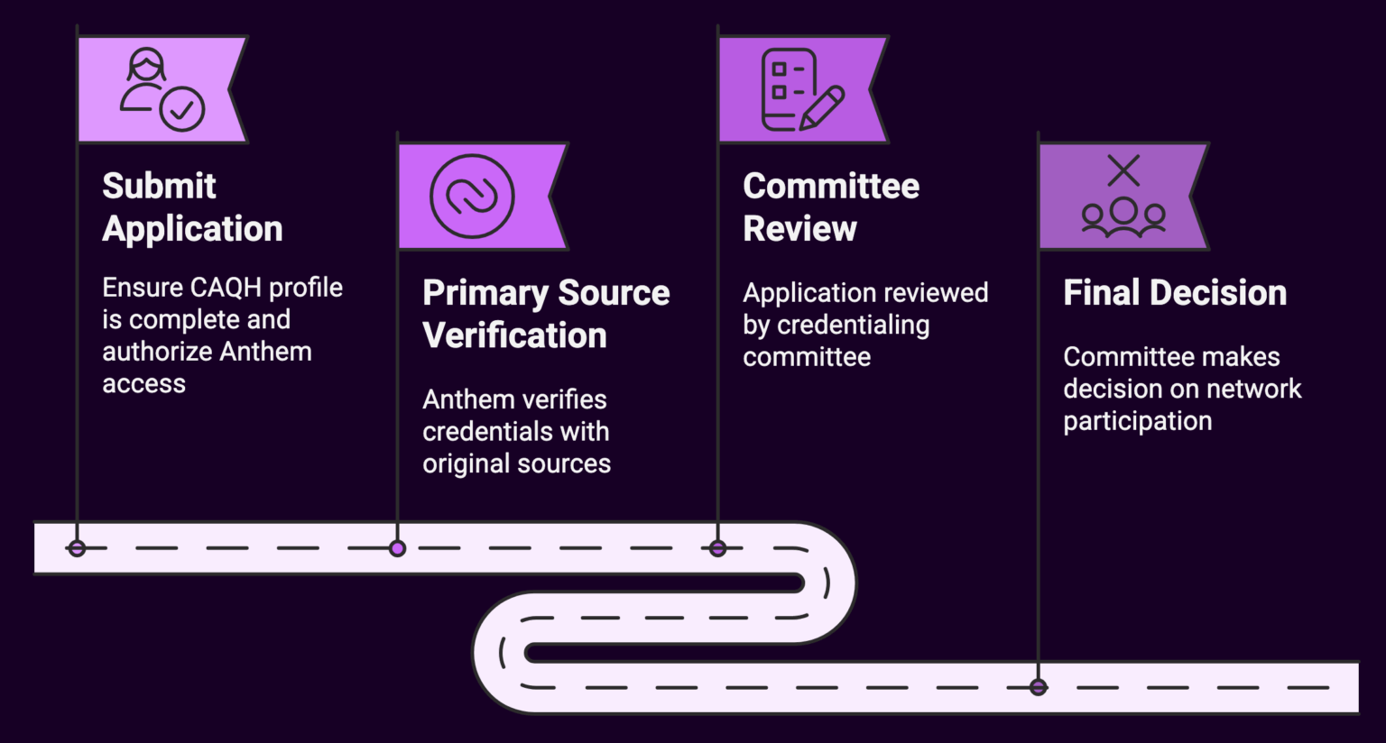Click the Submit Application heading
pos(191,207)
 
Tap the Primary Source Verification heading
pos(545,314)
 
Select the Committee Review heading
pos(830,207)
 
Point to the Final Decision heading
pos(1174,293)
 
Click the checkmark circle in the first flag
pos(182,110)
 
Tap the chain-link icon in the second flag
pos(472,197)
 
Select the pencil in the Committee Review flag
pos(822,107)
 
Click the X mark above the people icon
pos(1123,170)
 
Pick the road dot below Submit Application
pos(77,548)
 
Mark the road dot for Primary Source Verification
pos(397,548)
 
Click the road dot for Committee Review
pos(717,548)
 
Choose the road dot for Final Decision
pos(1038,687)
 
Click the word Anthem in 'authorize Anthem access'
pos(267,352)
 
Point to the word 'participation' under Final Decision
pos(1137,422)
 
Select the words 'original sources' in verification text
pos(516,464)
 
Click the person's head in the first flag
pos(146,65)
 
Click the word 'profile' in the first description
pos(305,288)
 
